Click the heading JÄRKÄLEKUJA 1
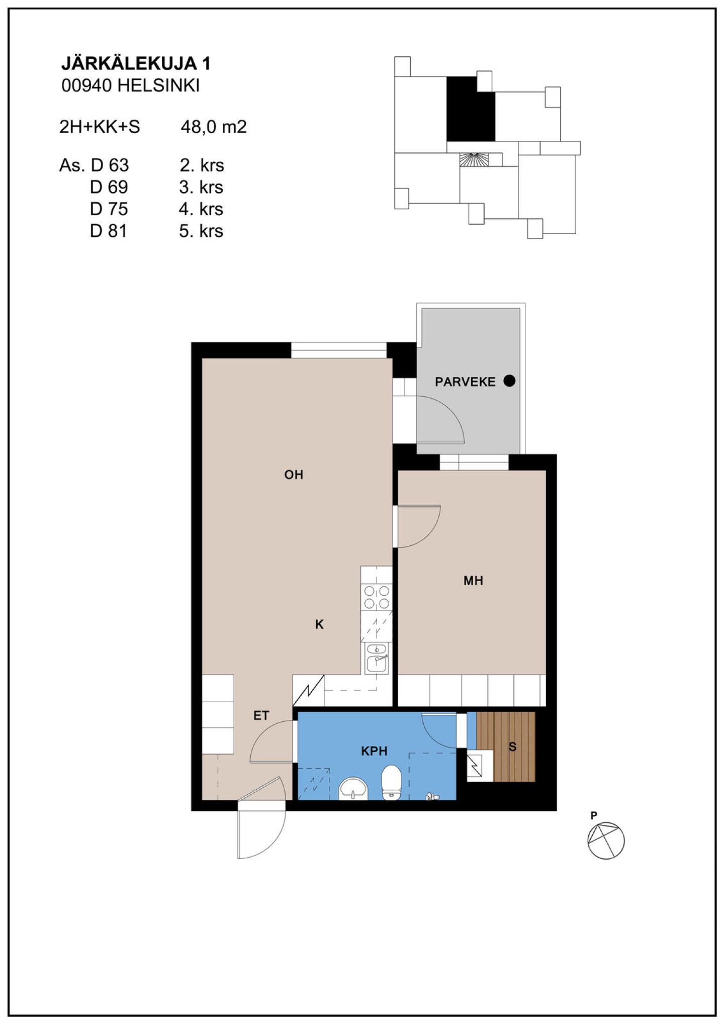pos(136,63)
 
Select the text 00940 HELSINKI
pos(131,86)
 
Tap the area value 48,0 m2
pos(214,127)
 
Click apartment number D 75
pos(109,209)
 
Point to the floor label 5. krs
pos(201,231)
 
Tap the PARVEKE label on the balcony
pos(465,382)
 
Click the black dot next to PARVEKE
pos(509,381)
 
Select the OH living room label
pos(294,475)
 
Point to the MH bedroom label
pos(473,581)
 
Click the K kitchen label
pos(319,624)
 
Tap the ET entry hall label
pos(261,715)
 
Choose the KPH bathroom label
pos(374,751)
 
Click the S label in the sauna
pos(512,747)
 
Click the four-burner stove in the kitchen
pos(377,597)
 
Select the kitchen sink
pos(377,658)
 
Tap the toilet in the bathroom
pos(391,782)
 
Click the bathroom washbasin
pos(353,789)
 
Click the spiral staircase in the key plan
pos(474,160)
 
